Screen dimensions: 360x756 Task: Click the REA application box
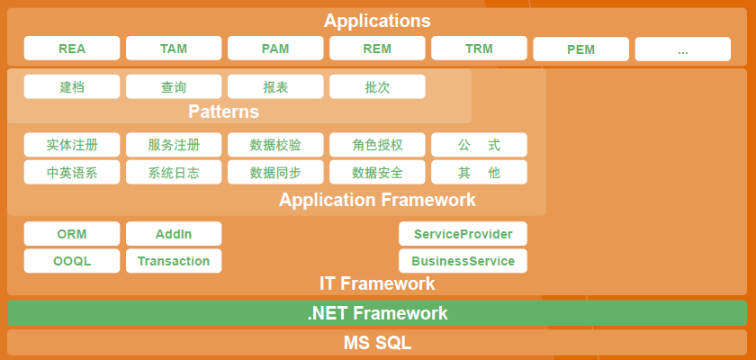click(x=72, y=49)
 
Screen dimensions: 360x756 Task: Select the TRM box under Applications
click(x=479, y=49)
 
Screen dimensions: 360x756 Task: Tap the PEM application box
click(x=580, y=49)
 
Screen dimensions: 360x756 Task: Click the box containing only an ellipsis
click(x=682, y=49)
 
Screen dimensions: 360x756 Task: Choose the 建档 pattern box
click(x=72, y=87)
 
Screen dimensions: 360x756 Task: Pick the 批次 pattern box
click(x=377, y=87)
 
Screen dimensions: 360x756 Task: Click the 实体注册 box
click(x=72, y=145)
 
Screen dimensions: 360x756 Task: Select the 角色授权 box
click(x=377, y=145)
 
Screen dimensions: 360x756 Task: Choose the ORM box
click(x=72, y=234)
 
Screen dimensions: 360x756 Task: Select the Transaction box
click(x=174, y=261)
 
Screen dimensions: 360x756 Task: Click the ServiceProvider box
click(x=463, y=234)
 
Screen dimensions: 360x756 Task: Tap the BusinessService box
click(x=463, y=261)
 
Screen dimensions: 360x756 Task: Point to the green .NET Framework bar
click(x=377, y=313)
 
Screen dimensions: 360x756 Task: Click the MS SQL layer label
click(x=377, y=343)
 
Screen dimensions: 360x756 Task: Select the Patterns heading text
click(x=223, y=112)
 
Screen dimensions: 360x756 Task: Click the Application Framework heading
click(x=377, y=200)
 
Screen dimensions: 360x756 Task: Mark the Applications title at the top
click(x=377, y=21)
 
